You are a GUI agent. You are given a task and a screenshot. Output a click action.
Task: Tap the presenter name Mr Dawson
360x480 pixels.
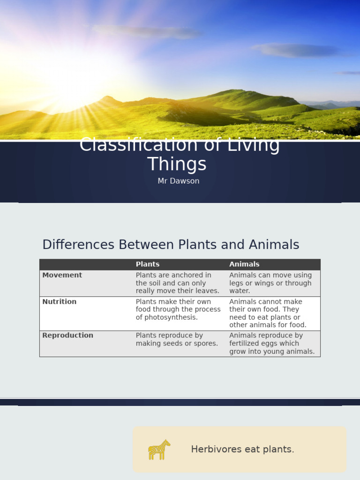click(179, 181)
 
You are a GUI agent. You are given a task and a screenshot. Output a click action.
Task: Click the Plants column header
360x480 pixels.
click(148, 264)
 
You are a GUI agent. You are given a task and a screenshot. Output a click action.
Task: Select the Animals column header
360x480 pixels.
click(244, 264)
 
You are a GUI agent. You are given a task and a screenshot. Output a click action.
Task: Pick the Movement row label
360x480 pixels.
click(62, 275)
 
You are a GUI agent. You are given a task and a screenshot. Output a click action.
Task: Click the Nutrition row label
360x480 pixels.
click(59, 302)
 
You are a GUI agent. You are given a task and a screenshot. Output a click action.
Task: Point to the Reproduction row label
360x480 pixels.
click(67, 336)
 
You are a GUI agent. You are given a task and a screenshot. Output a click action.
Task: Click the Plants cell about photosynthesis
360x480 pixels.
click(178, 309)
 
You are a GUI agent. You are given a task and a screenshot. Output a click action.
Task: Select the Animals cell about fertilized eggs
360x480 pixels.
click(272, 344)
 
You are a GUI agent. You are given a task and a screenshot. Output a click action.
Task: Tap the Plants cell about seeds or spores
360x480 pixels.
click(177, 339)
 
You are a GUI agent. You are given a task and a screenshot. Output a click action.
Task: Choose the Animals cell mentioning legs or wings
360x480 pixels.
click(270, 283)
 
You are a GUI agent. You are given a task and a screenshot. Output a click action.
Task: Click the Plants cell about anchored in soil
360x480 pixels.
click(178, 283)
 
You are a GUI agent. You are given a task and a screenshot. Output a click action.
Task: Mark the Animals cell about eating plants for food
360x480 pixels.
click(268, 313)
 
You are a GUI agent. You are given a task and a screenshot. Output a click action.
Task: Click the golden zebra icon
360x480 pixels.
click(159, 450)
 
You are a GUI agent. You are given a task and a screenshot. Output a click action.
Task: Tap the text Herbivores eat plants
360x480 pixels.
click(242, 450)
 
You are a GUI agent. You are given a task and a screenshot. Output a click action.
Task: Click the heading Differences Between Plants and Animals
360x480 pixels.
click(171, 245)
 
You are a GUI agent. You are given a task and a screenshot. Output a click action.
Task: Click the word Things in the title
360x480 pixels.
click(177, 165)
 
